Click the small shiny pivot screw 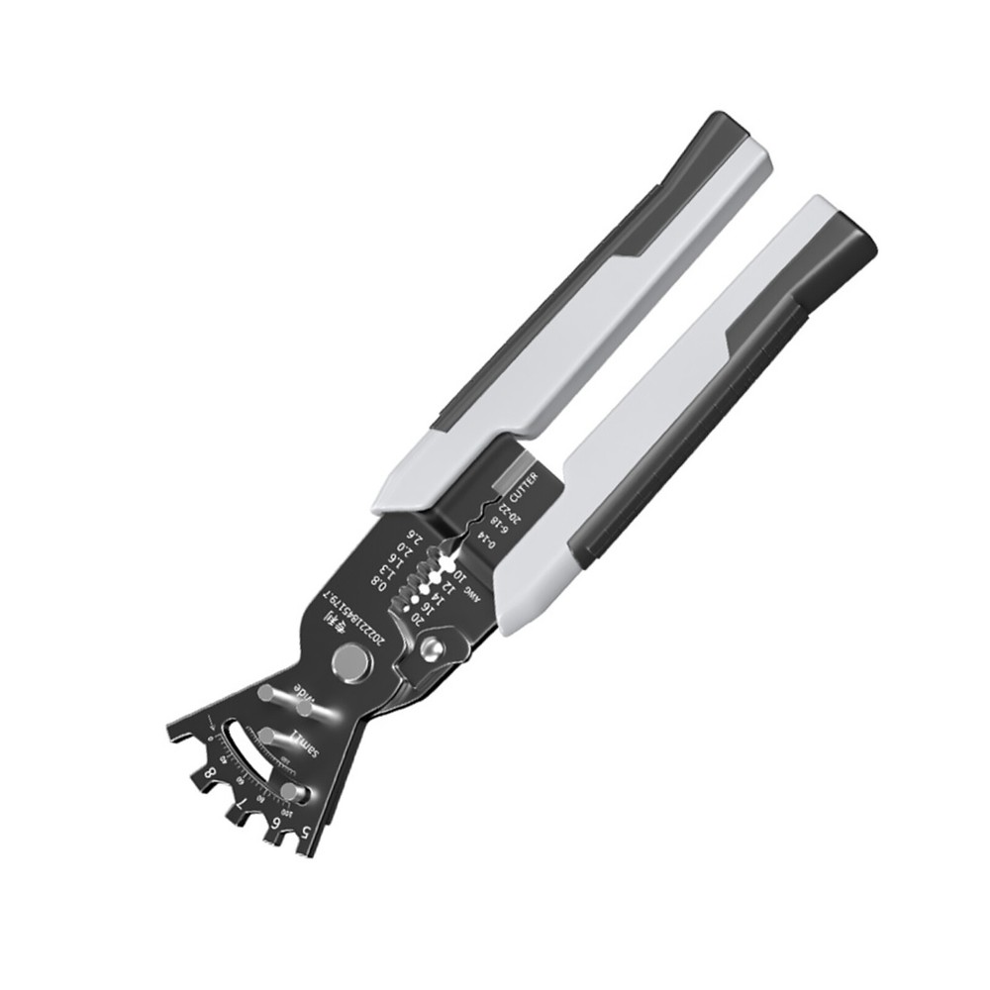(x=431, y=648)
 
